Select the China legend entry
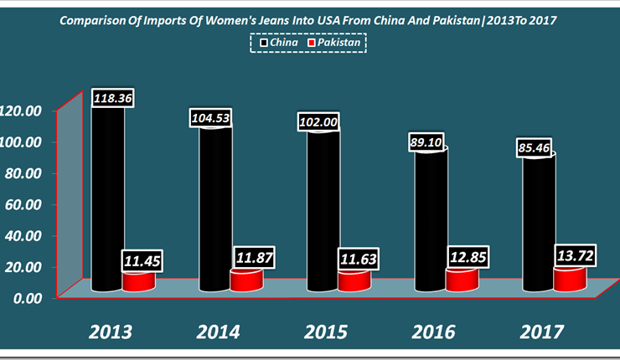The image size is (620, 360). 276,42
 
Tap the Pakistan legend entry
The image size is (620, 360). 336,42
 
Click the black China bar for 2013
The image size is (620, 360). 108,201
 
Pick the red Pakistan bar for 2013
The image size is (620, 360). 138,281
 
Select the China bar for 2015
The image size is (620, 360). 323,209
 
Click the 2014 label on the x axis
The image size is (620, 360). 220,331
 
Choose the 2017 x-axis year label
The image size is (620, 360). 541,331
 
